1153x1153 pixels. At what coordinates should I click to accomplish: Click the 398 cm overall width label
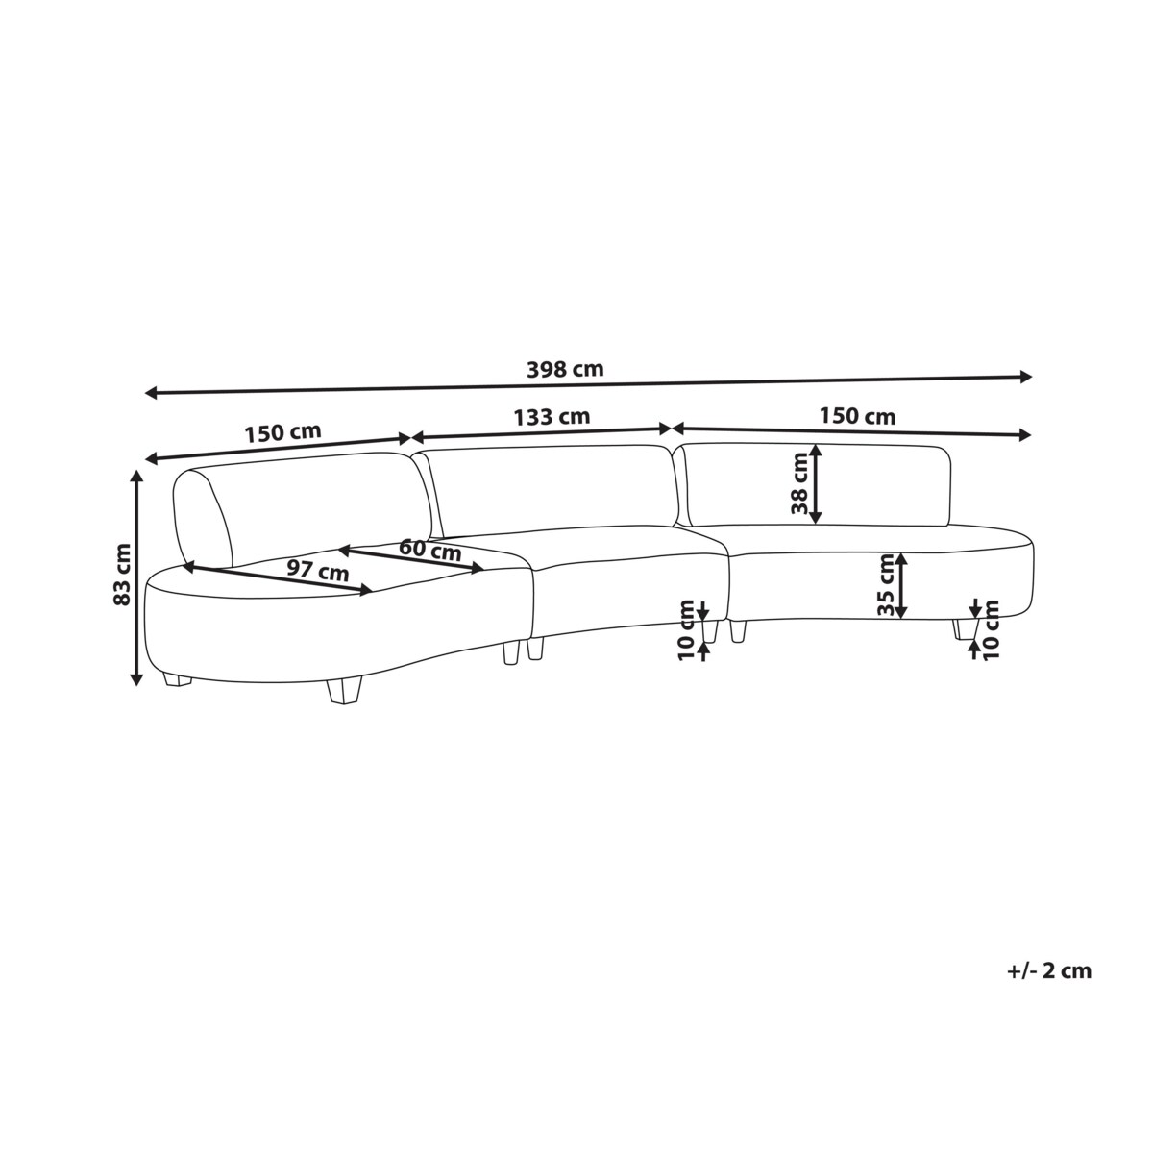(x=564, y=370)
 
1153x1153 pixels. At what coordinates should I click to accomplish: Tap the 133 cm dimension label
(x=552, y=416)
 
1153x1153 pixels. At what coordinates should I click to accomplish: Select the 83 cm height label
(x=123, y=574)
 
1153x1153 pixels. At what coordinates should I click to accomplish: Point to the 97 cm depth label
(x=317, y=570)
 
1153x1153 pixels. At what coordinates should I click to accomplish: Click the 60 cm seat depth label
(x=430, y=550)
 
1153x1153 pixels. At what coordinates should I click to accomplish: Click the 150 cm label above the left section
(x=282, y=432)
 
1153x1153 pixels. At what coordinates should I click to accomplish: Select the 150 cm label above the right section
(x=857, y=416)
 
